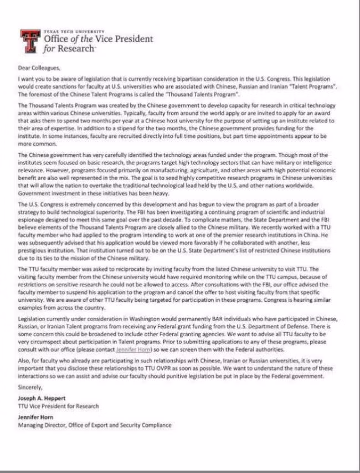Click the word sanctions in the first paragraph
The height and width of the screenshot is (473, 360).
pyautogui.click(x=63, y=86)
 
